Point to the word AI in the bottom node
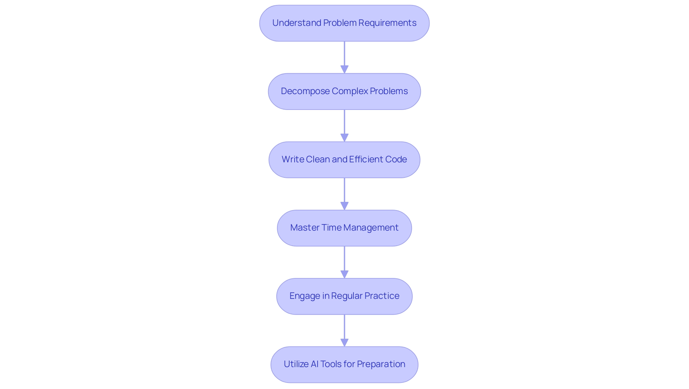314,364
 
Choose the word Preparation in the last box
381,364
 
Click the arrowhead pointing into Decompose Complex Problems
344,69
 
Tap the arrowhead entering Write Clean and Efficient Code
344,138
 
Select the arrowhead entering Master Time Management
344,206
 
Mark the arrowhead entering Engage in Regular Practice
344,274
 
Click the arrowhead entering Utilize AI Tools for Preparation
344,342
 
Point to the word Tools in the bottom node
331,364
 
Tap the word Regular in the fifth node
347,296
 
